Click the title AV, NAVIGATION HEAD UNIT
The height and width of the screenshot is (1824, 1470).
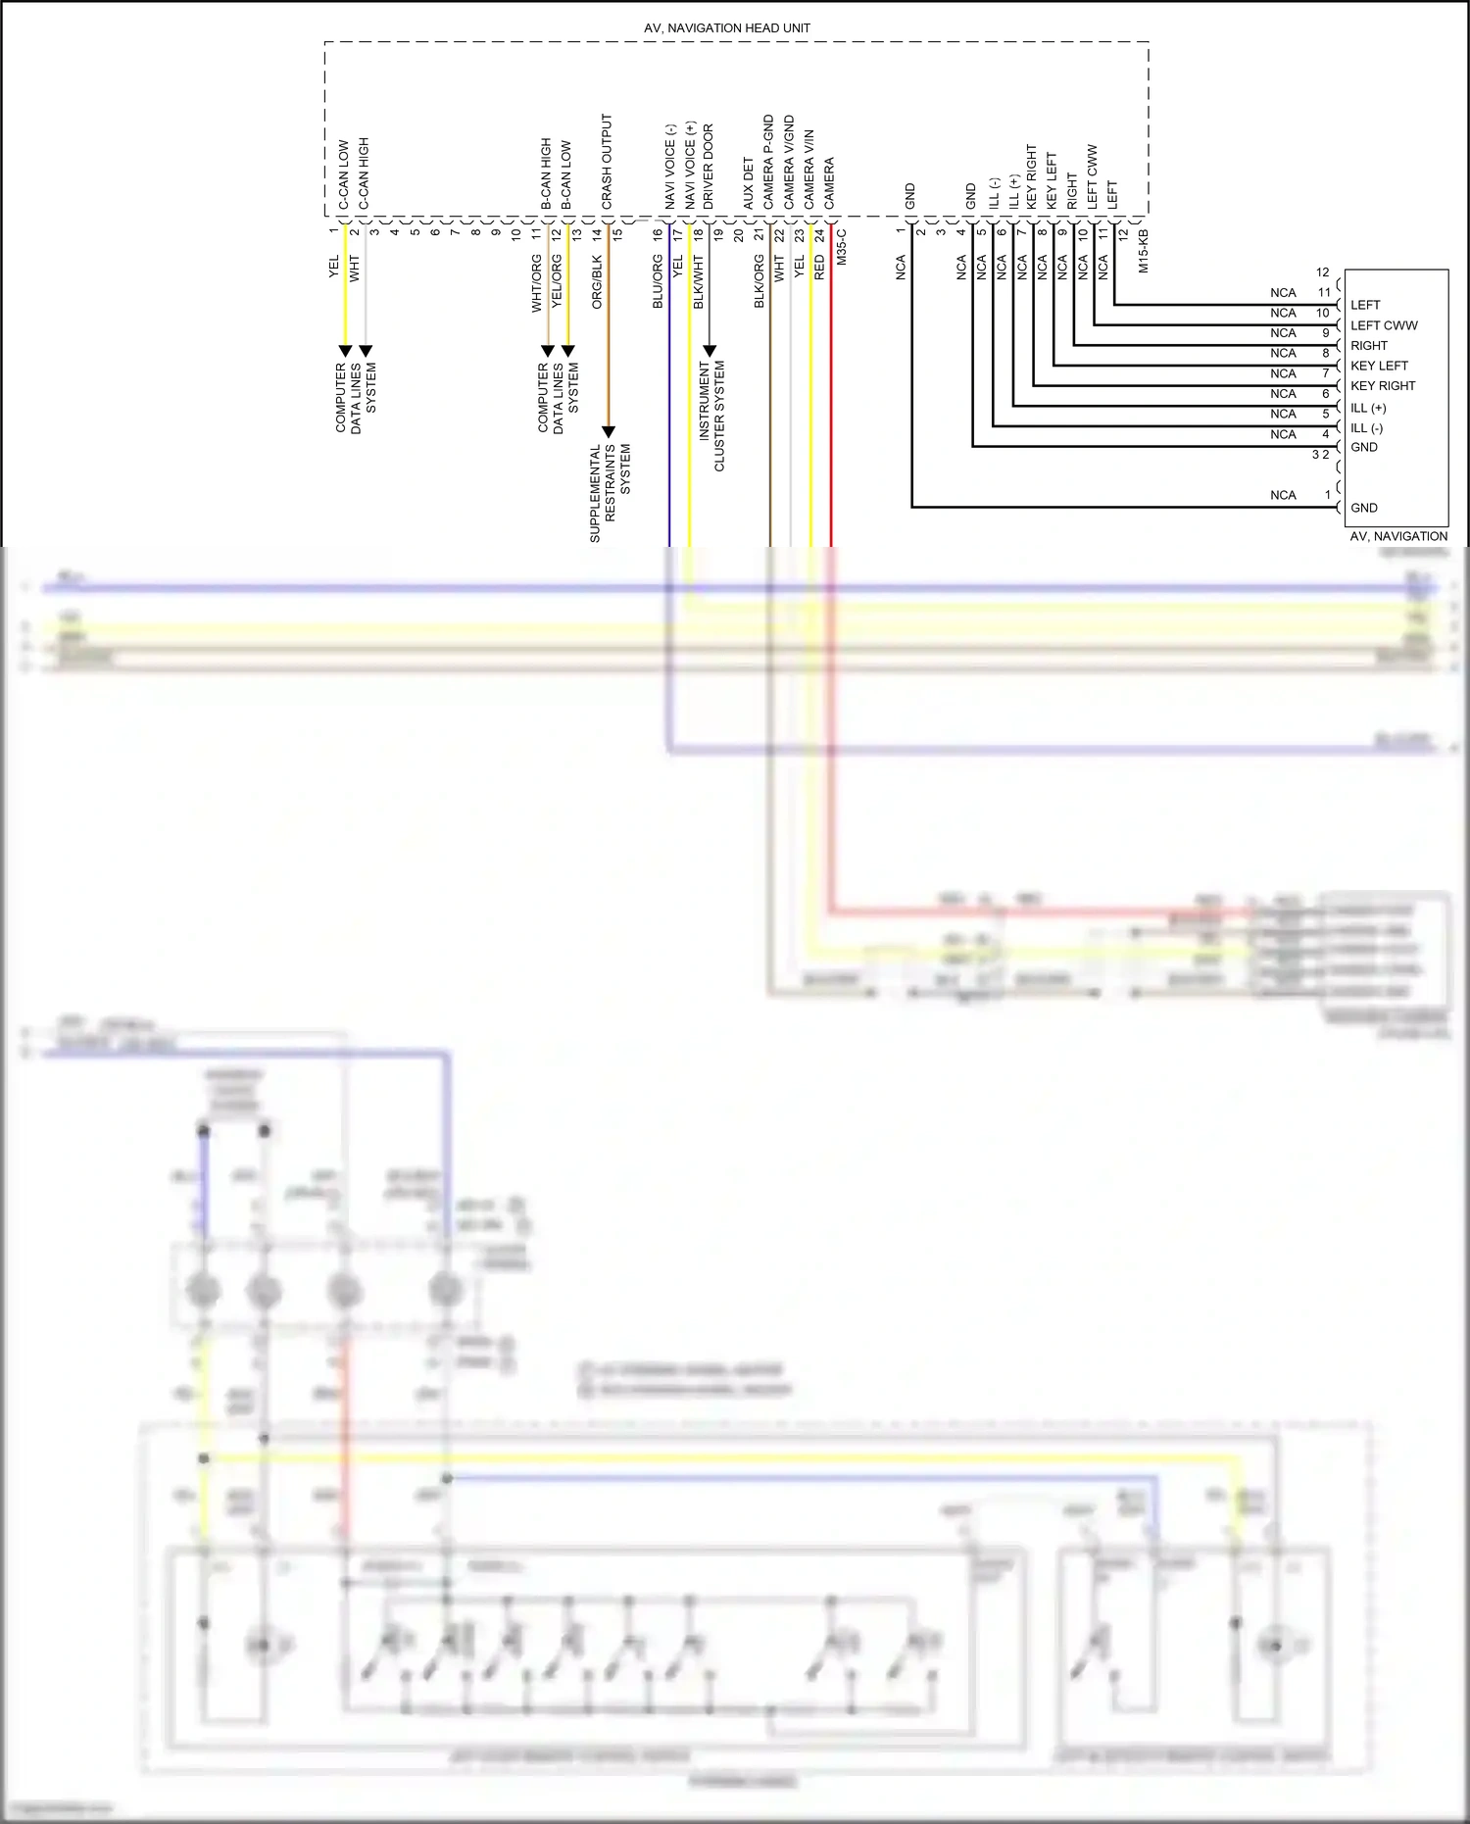pyautogui.click(x=726, y=28)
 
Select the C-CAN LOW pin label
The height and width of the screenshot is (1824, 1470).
pyautogui.click(x=344, y=174)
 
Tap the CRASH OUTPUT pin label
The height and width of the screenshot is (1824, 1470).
pyautogui.click(x=607, y=162)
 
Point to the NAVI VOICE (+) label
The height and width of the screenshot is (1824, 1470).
pyautogui.click(x=690, y=165)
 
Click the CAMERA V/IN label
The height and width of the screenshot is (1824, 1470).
pyautogui.click(x=809, y=169)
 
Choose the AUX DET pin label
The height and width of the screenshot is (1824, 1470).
pyautogui.click(x=749, y=183)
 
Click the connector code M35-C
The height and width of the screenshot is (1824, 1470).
pyautogui.click(x=841, y=248)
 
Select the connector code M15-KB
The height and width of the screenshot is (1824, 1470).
pyautogui.click(x=1144, y=251)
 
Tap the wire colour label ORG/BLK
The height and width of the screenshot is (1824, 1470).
pyautogui.click(x=597, y=282)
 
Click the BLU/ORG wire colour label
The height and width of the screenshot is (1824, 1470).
pyautogui.click(x=658, y=281)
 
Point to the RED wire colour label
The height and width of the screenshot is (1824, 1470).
pyautogui.click(x=820, y=269)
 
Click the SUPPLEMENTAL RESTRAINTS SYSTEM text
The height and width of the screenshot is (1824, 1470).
pyautogui.click(x=610, y=493)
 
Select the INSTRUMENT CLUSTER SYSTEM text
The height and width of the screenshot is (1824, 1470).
pyautogui.click(x=711, y=416)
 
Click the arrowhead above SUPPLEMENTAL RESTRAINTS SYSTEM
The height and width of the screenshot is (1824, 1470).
pyautogui.click(x=608, y=431)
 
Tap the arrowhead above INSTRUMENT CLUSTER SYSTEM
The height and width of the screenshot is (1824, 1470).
pyautogui.click(x=710, y=350)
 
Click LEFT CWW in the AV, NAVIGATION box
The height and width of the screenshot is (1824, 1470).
pyautogui.click(x=1384, y=325)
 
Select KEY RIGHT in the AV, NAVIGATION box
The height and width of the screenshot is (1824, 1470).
pyautogui.click(x=1383, y=386)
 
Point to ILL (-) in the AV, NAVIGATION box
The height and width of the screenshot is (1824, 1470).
pyautogui.click(x=1366, y=428)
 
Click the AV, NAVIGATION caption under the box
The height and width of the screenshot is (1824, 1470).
pyautogui.click(x=1398, y=536)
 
